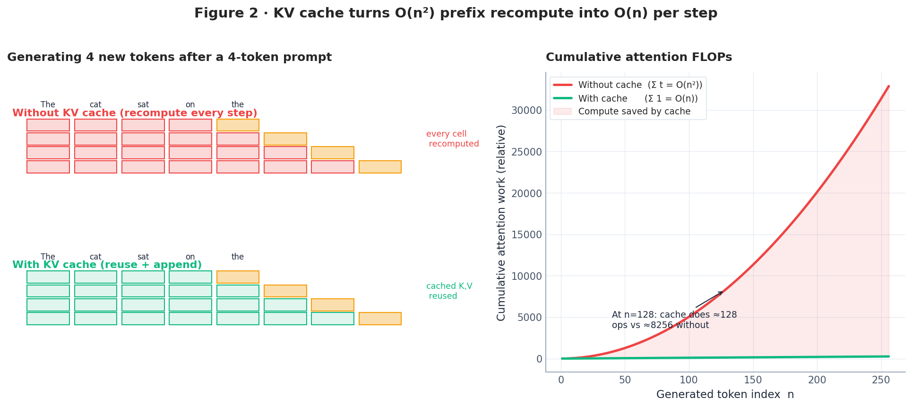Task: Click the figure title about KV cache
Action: (456, 13)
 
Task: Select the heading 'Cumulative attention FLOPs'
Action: (639, 58)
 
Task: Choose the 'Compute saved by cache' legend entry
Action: (634, 112)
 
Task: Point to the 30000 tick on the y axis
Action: (526, 111)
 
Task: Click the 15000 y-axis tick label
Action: (526, 235)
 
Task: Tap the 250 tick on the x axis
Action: (881, 380)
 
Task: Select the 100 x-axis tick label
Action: (688, 380)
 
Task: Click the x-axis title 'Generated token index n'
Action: (725, 395)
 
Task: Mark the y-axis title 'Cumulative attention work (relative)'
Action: (501, 223)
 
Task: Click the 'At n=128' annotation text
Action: (674, 320)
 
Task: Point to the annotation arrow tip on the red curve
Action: (723, 292)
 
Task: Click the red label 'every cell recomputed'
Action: (452, 139)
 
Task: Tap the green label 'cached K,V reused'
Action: (448, 291)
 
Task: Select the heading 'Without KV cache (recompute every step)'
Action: (135, 113)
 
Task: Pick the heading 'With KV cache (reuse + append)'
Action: (107, 265)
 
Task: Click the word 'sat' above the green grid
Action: (143, 257)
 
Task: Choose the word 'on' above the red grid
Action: (190, 105)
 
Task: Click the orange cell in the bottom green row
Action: (380, 319)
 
